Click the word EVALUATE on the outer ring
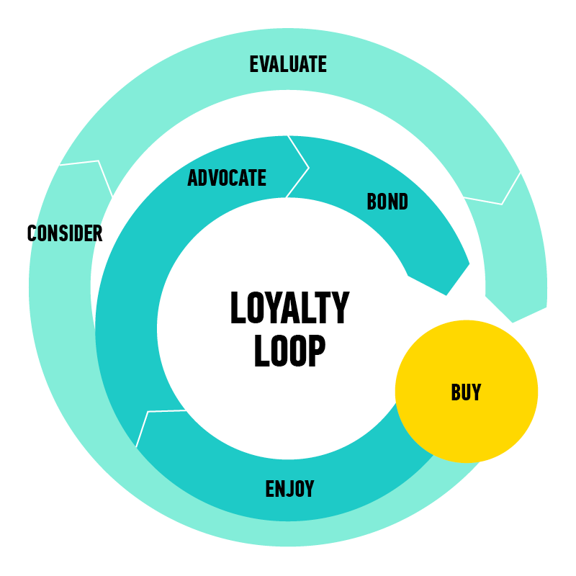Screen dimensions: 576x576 coord(288,64)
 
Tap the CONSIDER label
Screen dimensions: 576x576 coord(65,233)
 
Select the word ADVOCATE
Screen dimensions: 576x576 coord(227,178)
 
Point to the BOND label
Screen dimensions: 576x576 coord(387,202)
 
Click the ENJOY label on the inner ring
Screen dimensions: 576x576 coord(289,490)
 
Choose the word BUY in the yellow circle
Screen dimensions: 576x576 coord(466,392)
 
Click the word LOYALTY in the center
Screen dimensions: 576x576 coord(289,309)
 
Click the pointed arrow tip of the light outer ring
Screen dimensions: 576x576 coord(513,320)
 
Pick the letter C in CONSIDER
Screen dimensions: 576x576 coord(32,233)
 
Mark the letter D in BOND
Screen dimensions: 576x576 coord(402,202)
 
